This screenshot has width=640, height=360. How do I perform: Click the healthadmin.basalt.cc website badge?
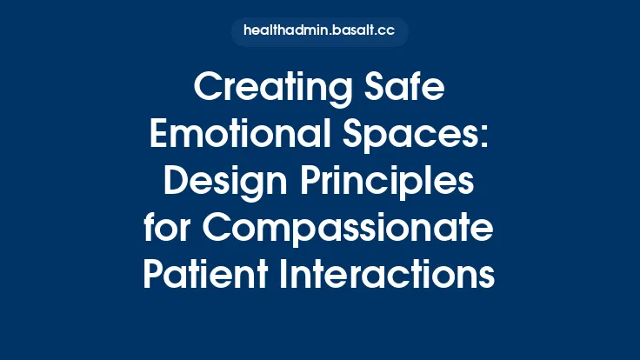319,31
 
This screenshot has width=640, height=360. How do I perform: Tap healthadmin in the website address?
286,31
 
